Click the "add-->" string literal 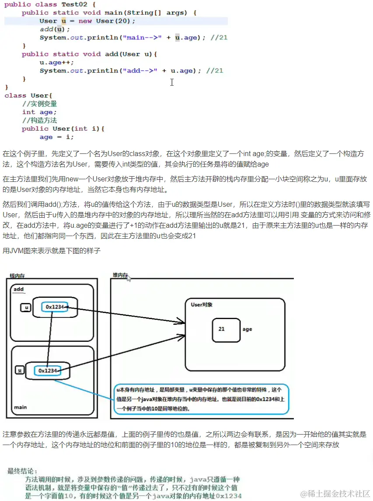pyautogui.click(x=139, y=71)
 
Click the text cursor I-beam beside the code pyautogui.click(x=172, y=82)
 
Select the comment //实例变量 pyautogui.click(x=40, y=104)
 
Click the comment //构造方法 pyautogui.click(x=40, y=121)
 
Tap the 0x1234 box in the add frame pyautogui.click(x=55, y=307)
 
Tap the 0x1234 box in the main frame pyautogui.click(x=48, y=371)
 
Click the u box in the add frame pyautogui.click(x=26, y=308)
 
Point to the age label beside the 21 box pyautogui.click(x=248, y=329)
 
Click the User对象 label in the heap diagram pyautogui.click(x=202, y=305)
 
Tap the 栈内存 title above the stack pyautogui.click(x=17, y=276)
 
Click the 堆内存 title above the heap pyautogui.click(x=120, y=275)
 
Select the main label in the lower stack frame pyautogui.click(x=20, y=407)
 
